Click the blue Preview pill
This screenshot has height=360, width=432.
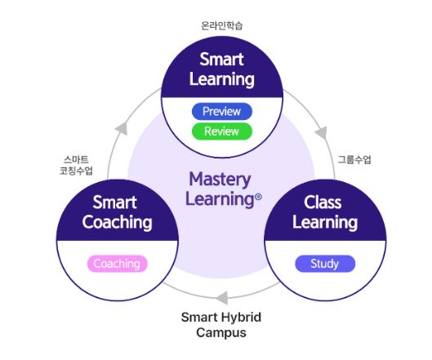tap(222, 111)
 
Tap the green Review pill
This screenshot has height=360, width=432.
tap(222, 131)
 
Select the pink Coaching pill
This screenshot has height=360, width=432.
tap(118, 264)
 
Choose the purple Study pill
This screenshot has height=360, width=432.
tap(325, 264)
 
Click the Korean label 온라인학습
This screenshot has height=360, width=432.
tap(222, 26)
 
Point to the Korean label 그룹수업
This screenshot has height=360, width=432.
tap(354, 159)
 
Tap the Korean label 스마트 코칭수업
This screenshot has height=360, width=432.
tap(76, 165)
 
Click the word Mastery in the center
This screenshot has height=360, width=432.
tap(220, 180)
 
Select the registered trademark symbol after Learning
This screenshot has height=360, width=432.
tap(258, 197)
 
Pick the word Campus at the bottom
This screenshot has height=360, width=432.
tap(221, 332)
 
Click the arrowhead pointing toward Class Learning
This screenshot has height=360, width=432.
tap(321, 132)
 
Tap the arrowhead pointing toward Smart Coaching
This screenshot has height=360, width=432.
tap(221, 297)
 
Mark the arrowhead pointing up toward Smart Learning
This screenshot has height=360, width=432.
tap(122, 128)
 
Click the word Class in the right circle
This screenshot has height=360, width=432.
tap(323, 202)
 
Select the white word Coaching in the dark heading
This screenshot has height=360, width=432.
tap(117, 222)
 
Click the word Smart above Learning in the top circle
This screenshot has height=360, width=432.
tap(221, 60)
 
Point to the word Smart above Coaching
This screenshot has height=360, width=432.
tap(114, 202)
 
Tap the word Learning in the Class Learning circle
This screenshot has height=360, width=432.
tap(325, 222)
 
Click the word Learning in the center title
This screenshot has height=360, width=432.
tap(220, 199)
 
